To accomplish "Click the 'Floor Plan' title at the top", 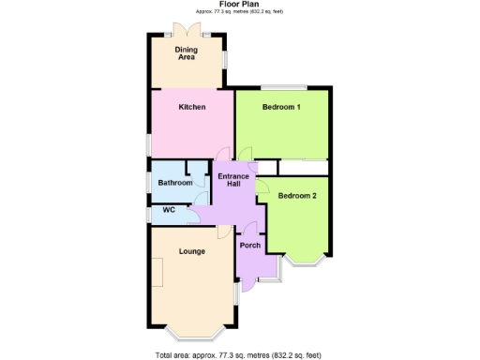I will (x=239, y=4).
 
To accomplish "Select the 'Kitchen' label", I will (x=192, y=107).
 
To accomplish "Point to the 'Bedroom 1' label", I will (x=281, y=107).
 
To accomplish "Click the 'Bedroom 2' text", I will (x=297, y=196).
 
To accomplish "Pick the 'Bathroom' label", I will (x=174, y=183).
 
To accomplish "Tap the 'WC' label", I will (x=169, y=210).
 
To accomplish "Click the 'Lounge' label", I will (x=192, y=251).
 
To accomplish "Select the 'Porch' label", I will (x=249, y=246).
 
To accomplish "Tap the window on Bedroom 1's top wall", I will (x=281, y=87).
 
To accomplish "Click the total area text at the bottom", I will (x=238, y=354).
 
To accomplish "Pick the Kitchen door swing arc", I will (x=222, y=156).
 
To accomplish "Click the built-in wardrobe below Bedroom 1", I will (x=302, y=167).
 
